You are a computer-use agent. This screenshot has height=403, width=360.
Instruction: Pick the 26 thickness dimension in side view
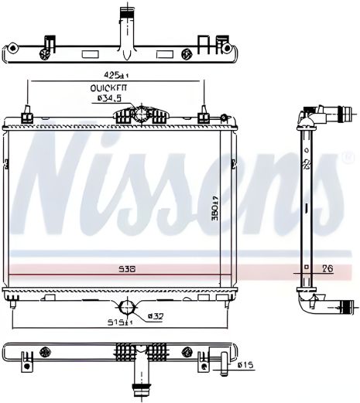327,269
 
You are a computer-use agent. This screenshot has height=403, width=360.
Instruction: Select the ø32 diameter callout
155,316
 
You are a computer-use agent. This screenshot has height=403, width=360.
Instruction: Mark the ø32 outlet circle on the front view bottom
125,304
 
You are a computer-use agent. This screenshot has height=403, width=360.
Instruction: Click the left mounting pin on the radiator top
27,118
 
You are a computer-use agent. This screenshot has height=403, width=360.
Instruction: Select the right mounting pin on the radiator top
204,118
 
